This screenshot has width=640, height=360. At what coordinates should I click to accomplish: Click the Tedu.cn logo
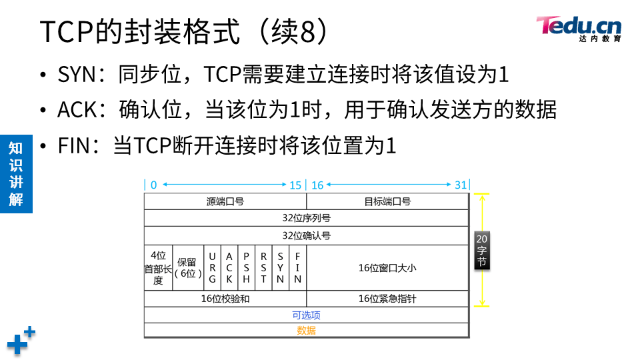coord(578,28)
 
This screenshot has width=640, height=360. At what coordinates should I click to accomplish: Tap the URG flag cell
coord(212,267)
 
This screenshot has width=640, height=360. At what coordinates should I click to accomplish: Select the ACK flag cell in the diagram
coord(229,267)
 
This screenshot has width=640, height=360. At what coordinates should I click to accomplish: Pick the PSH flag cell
coord(246,267)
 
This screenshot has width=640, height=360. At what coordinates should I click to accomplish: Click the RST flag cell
coord(263,267)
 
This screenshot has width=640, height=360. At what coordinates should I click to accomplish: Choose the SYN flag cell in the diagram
coord(281,267)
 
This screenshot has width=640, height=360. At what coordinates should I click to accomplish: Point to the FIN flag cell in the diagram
coord(298,267)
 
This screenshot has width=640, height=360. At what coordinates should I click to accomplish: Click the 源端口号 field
coord(225,201)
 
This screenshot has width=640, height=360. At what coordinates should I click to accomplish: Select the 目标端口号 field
coord(387,201)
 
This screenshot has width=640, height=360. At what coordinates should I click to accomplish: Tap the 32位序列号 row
coord(307,218)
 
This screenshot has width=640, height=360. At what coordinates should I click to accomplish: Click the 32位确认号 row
coord(307,235)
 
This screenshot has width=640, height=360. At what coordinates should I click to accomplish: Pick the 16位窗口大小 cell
coord(387,267)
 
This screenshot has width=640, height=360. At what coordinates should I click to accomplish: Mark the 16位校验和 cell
coord(225,299)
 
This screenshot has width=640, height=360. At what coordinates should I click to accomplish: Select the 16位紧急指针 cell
coord(387,299)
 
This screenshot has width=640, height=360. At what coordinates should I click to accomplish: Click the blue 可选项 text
coord(307,315)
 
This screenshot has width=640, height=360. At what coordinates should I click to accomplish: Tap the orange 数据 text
coord(307,330)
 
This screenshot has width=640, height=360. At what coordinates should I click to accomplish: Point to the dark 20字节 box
coord(482,251)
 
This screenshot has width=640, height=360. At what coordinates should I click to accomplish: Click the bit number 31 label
coord(461,185)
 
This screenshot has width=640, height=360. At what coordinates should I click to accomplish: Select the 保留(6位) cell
coord(187,267)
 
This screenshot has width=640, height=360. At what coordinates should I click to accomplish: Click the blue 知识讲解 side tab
coord(15,173)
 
